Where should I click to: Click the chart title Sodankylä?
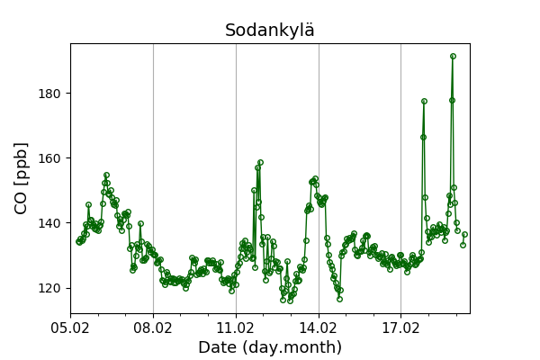point(270,31)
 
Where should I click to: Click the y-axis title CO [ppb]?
point(22,177)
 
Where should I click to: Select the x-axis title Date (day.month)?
point(270,347)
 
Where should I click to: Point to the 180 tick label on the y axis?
point(49,94)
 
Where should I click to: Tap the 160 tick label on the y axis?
point(49,158)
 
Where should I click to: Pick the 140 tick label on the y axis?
point(49,223)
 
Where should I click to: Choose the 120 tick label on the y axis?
point(49,288)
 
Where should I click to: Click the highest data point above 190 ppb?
point(453,56)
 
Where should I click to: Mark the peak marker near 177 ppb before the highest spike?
point(424,102)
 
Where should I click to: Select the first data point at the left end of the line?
point(78,241)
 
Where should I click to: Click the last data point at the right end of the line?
point(464,234)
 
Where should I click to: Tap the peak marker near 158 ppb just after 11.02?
point(260,163)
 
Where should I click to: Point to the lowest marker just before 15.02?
point(340,299)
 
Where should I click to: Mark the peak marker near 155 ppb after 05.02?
point(106,175)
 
